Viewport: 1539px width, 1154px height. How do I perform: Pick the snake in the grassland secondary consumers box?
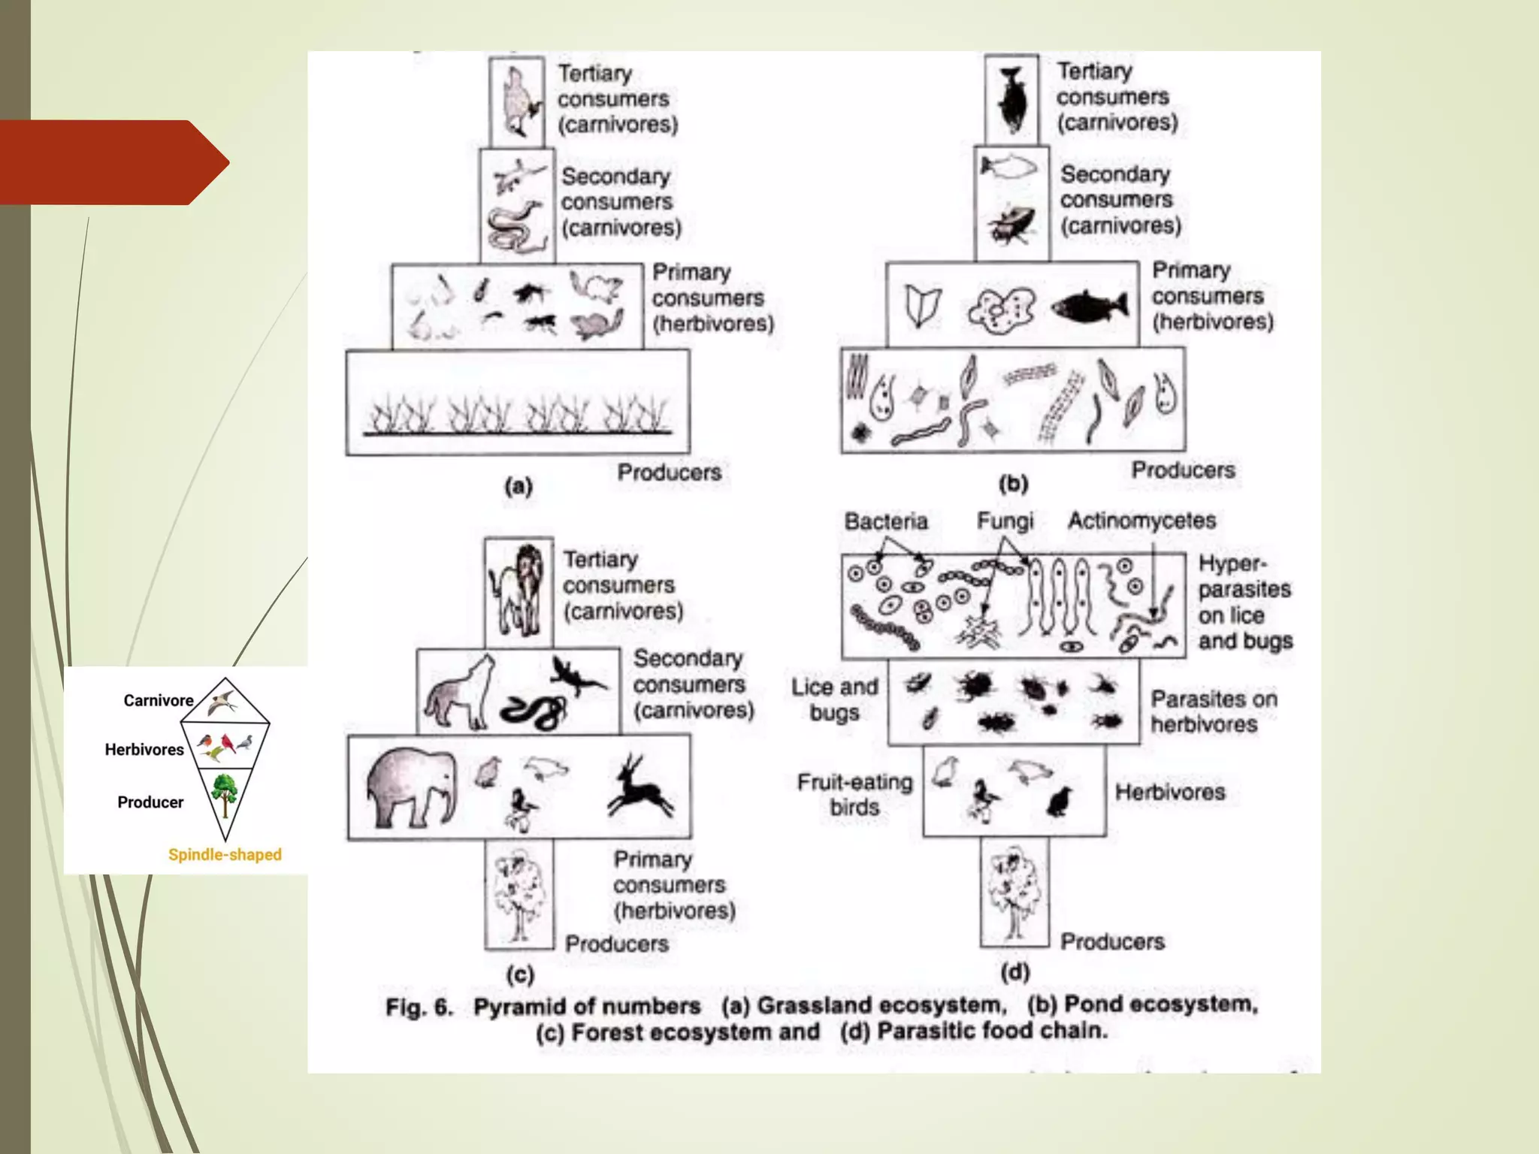(x=514, y=228)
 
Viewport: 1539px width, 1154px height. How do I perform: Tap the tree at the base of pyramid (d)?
(x=1014, y=894)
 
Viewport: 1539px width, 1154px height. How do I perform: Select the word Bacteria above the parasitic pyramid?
(x=886, y=521)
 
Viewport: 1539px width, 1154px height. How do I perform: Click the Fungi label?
(x=1005, y=521)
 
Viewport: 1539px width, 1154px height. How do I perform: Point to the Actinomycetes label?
(x=1141, y=520)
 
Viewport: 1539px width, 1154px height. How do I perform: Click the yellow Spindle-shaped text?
(x=225, y=854)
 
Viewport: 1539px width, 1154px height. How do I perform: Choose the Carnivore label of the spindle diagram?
(x=159, y=700)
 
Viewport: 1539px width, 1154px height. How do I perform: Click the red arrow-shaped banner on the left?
(x=113, y=162)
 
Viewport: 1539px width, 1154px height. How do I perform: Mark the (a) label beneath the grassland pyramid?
(x=519, y=486)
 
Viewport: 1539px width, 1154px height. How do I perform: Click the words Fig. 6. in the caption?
(x=419, y=1007)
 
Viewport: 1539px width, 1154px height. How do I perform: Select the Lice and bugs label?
(x=834, y=699)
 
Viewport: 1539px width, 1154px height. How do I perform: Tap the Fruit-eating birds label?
(x=854, y=794)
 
